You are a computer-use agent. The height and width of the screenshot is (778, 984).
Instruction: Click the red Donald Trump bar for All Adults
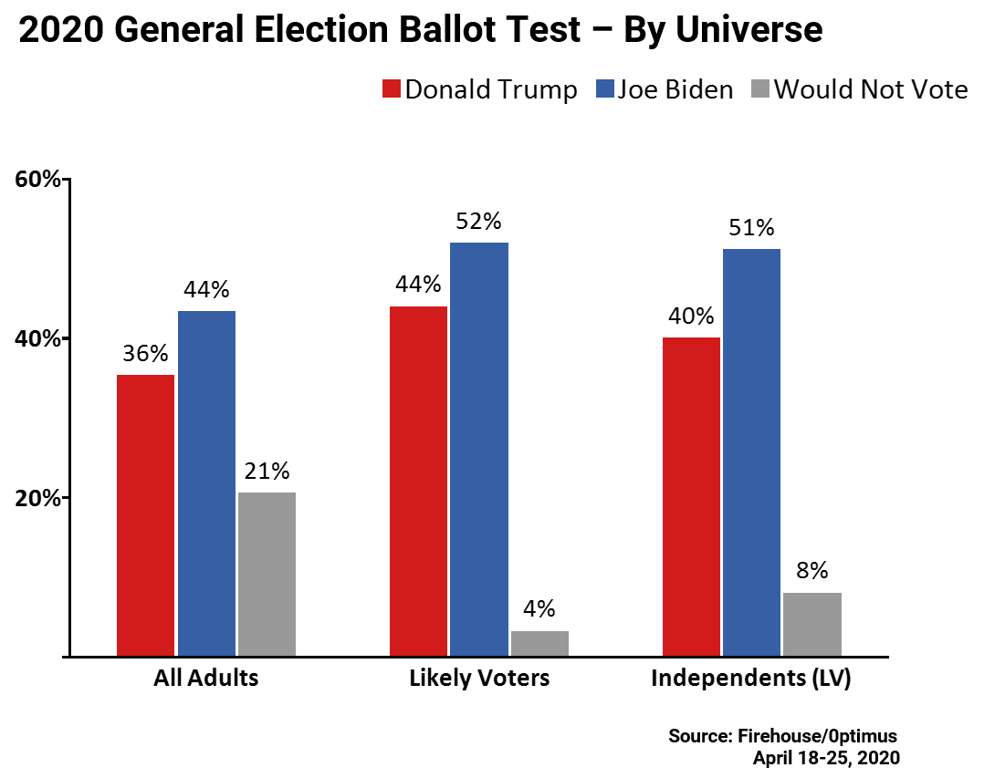pos(146,515)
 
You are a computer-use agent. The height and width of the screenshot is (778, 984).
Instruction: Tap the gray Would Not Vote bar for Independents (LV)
pos(811,624)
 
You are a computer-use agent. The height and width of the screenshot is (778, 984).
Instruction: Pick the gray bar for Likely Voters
pos(539,643)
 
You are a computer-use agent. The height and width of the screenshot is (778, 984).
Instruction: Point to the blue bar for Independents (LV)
pos(751,451)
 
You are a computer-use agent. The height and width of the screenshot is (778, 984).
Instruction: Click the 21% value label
pos(267,471)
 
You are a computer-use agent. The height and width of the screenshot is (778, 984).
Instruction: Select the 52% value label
pos(479,222)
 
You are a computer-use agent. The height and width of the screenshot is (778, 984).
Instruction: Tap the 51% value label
pos(751,227)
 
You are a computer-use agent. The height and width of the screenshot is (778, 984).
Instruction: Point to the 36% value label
pos(146,353)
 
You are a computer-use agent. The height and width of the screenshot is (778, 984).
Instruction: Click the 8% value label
pos(811,571)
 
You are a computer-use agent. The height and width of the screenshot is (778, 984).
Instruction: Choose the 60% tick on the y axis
pos(39,180)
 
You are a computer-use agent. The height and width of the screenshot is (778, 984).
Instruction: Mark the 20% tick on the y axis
pos(39,498)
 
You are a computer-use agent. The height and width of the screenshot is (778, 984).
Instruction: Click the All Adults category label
pos(206,679)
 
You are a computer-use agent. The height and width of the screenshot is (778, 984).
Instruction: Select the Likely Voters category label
pos(479,679)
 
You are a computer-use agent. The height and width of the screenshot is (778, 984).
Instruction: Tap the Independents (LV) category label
pos(750,679)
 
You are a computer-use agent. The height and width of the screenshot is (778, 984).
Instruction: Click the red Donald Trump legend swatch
pos(392,89)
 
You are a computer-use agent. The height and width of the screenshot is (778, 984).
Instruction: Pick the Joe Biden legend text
pos(675,89)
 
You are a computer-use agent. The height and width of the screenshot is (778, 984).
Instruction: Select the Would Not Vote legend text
pos(871,89)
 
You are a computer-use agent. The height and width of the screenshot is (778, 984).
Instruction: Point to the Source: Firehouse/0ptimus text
pos(784,736)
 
